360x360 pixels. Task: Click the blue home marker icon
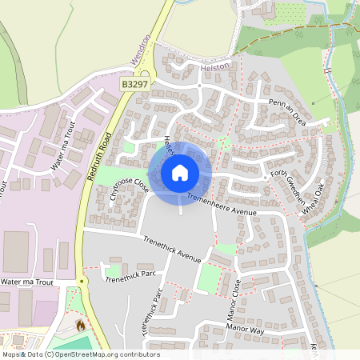pos(180,172)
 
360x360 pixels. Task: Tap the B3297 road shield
pos(134,83)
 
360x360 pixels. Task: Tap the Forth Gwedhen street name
pos(288,185)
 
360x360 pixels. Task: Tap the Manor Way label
pos(245,328)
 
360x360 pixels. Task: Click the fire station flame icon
pos(80,326)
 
